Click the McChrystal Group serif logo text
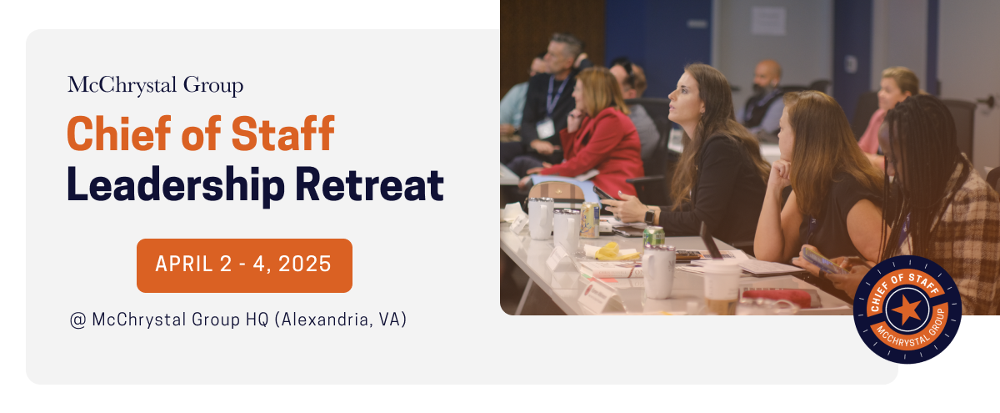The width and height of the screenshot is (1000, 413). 156,86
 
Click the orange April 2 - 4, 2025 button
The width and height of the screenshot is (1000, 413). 244,265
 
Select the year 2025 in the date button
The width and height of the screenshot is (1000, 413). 305,265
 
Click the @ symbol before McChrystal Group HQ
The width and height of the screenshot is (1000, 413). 78,320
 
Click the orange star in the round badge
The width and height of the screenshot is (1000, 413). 907,310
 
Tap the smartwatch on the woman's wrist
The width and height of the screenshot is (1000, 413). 649,215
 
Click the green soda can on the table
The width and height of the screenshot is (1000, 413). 653,237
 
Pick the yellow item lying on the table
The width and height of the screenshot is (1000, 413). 607,250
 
